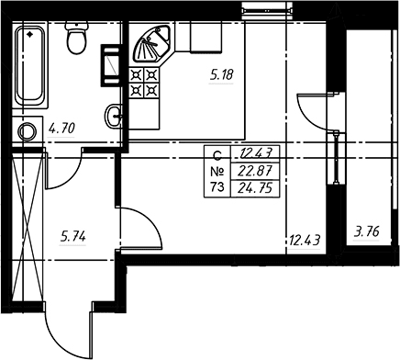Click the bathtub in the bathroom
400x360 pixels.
pyautogui.click(x=30, y=66)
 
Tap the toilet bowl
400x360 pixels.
pyautogui.click(x=76, y=38)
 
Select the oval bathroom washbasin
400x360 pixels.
pyautogui.click(x=114, y=117)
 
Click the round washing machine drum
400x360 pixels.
pyautogui.click(x=28, y=132)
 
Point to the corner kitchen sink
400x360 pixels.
pyautogui.click(x=151, y=43)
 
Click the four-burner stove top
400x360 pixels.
pyautogui.click(x=144, y=83)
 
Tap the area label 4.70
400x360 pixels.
pyautogui.click(x=61, y=129)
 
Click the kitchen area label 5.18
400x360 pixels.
pyautogui.click(x=222, y=75)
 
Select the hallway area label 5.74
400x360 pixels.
pyautogui.click(x=72, y=237)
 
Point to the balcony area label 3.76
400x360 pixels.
pyautogui.click(x=367, y=231)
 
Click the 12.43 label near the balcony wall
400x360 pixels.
pyautogui.click(x=305, y=241)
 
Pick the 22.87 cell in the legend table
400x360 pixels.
pyautogui.click(x=255, y=170)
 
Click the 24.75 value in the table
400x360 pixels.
pyautogui.click(x=255, y=187)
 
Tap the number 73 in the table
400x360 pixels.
pyautogui.click(x=217, y=186)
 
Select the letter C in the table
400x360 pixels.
pyautogui.click(x=217, y=156)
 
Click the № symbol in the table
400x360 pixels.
pyautogui.click(x=217, y=172)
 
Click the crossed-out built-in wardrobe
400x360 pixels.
pyautogui.click(x=28, y=227)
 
